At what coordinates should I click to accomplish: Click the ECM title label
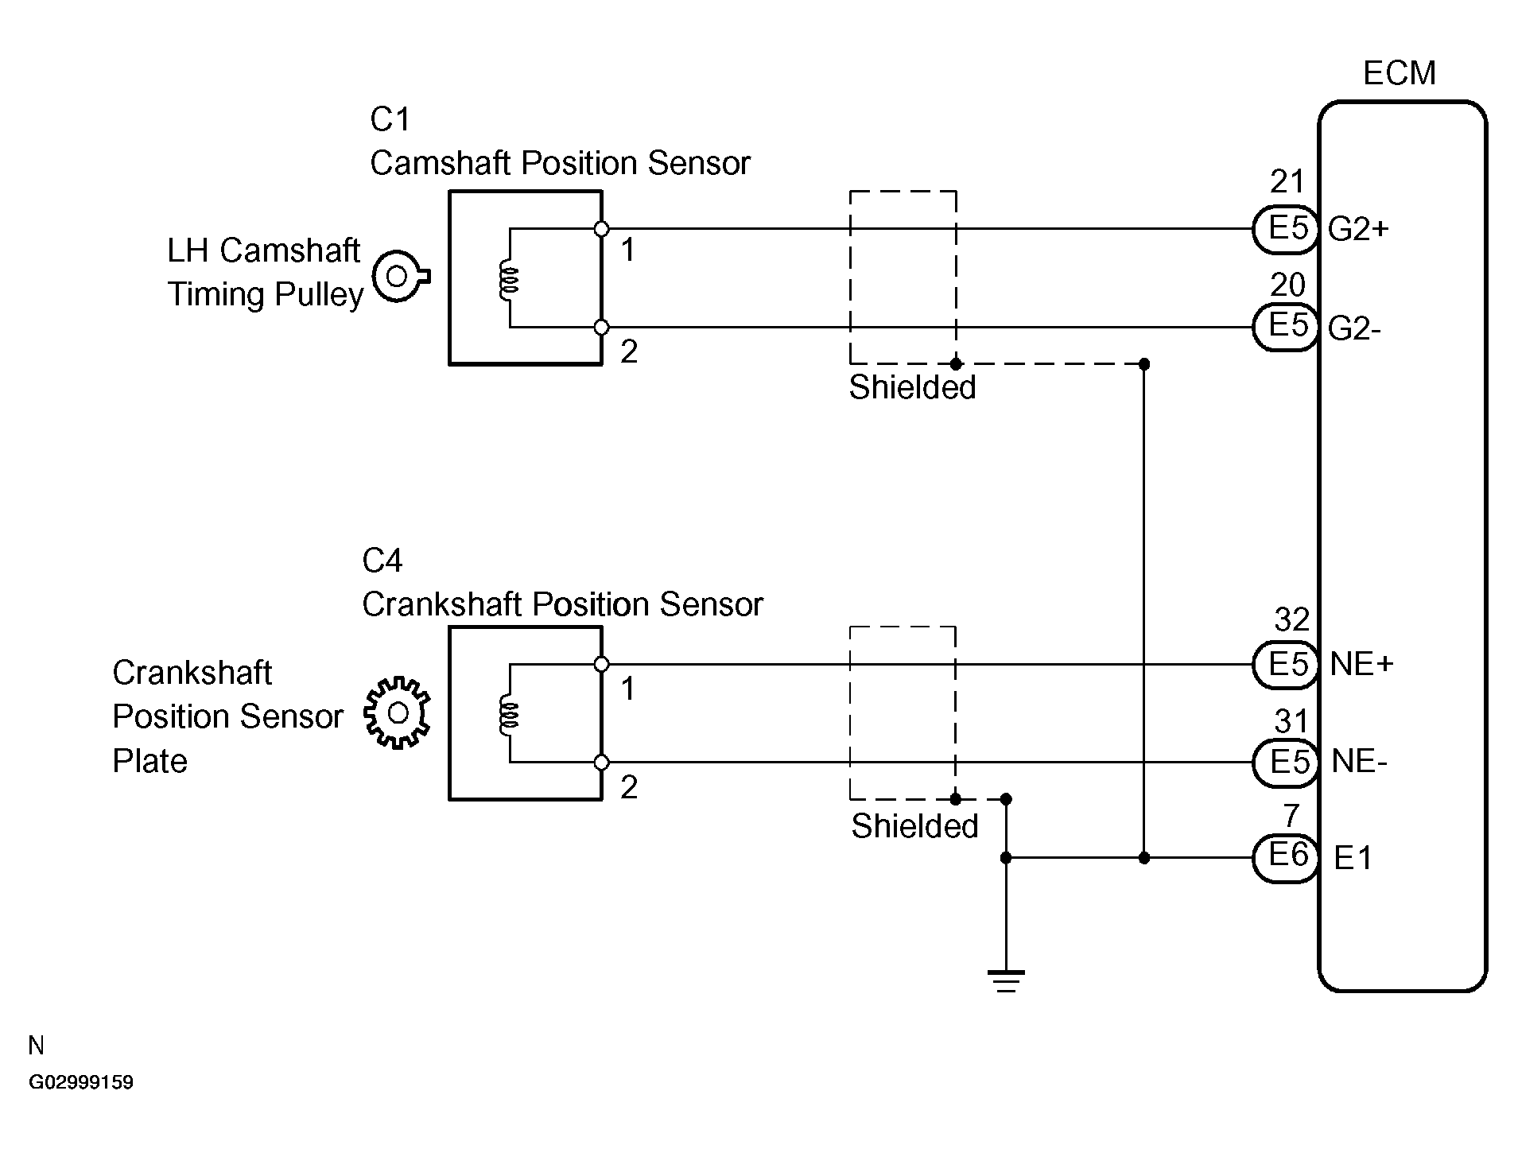coord(1399,73)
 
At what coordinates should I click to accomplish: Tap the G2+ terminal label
coord(1358,230)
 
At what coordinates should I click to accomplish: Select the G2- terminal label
coord(1354,328)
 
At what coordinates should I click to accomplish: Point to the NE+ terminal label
coord(1361,665)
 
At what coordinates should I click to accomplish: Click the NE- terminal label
coord(1359,762)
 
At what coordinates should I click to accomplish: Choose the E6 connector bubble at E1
coord(1286,857)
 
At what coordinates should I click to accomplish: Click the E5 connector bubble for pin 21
coord(1286,230)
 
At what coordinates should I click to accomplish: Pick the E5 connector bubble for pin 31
coord(1286,762)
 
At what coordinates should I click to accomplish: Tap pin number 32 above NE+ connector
coord(1291,619)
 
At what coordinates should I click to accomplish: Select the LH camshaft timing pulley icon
coord(400,277)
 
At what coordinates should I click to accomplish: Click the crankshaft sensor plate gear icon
coord(397,712)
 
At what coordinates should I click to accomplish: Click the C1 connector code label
coord(390,120)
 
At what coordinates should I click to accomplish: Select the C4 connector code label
coord(382,561)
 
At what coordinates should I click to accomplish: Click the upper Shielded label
coord(912,388)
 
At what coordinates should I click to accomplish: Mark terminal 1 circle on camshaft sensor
coord(602,230)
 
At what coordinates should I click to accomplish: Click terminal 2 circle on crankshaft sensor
coord(602,763)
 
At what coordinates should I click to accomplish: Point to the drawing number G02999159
coord(81,1083)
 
